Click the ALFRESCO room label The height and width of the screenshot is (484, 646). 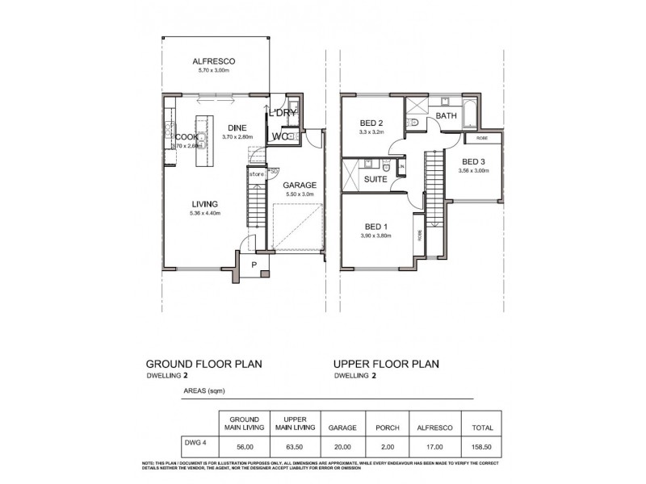[x=214, y=61]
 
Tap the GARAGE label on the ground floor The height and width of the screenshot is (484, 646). [x=300, y=185]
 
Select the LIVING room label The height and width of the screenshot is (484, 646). [x=205, y=204]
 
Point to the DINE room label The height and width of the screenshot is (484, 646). [x=237, y=127]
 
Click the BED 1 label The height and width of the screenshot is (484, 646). [x=375, y=226]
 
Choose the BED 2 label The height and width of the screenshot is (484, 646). [x=371, y=123]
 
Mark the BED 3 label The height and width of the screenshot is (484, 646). [x=474, y=162]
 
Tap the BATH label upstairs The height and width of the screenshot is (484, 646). [x=447, y=116]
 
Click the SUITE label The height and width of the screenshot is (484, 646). [x=375, y=178]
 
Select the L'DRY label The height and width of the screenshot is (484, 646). [x=283, y=113]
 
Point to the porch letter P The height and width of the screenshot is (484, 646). [x=253, y=264]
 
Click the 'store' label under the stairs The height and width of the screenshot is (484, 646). [x=256, y=173]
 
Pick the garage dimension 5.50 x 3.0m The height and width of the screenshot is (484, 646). [x=300, y=194]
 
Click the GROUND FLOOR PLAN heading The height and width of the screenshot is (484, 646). [x=203, y=364]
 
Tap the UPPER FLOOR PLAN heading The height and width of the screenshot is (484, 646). [x=386, y=364]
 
